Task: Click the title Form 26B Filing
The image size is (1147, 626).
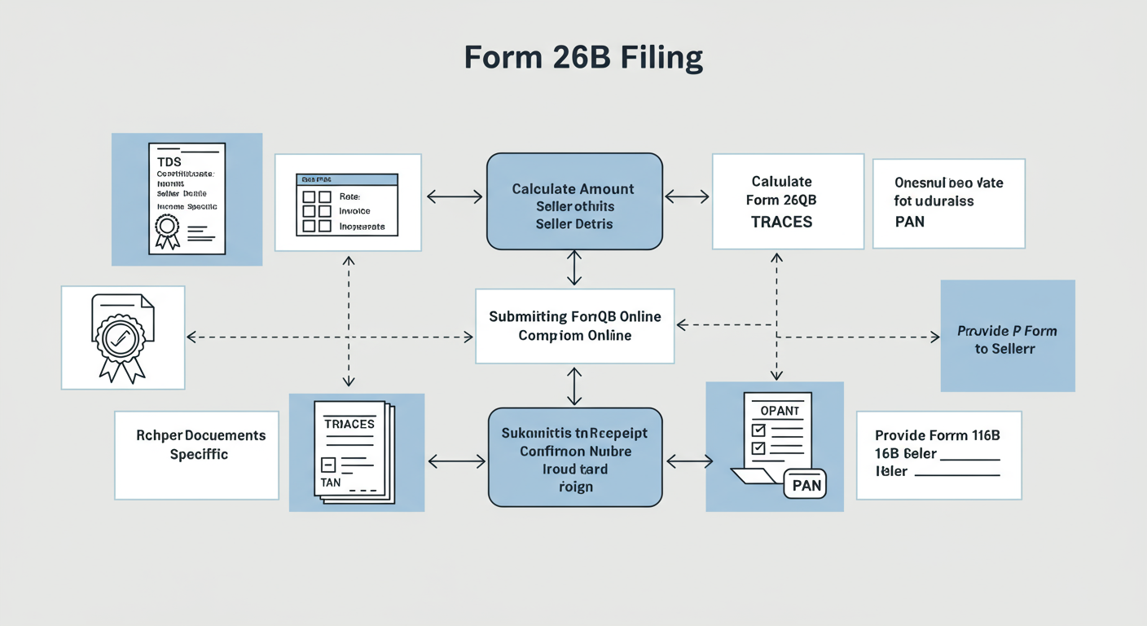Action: [583, 59]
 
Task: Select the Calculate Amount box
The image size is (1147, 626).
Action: [574, 201]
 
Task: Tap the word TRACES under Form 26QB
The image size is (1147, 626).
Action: [782, 222]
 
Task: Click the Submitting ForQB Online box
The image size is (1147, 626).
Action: [574, 325]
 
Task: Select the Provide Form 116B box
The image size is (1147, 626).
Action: [938, 455]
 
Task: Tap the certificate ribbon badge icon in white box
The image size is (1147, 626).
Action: [122, 336]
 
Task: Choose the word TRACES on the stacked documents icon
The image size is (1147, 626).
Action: [349, 424]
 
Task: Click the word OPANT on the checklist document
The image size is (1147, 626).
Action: [780, 411]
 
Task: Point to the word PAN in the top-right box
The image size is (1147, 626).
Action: [909, 221]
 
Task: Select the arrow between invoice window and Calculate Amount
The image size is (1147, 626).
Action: [455, 196]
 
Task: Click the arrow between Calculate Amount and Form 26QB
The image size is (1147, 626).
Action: [687, 196]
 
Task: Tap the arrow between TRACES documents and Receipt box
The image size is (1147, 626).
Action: [456, 462]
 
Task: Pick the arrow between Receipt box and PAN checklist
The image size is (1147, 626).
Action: [688, 462]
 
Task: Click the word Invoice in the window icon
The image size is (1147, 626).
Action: [354, 211]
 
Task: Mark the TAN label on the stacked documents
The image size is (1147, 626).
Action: [332, 483]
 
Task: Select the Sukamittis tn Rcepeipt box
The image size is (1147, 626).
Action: [574, 457]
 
